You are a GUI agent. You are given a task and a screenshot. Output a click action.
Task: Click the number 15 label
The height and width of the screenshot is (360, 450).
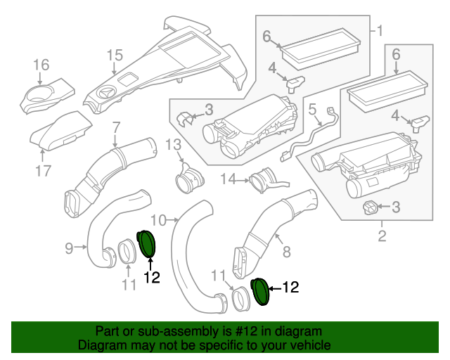point(115,56)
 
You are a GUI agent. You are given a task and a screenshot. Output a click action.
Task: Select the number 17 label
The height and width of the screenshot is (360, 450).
point(44,170)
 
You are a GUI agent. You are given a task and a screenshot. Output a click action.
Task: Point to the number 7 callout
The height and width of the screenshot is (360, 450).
point(116,127)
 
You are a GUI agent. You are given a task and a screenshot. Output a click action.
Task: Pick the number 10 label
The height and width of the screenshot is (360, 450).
point(159,220)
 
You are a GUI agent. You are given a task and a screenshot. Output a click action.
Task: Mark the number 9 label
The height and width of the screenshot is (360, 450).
point(70,247)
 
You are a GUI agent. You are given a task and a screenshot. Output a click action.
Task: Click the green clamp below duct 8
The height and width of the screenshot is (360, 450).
point(260,290)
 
